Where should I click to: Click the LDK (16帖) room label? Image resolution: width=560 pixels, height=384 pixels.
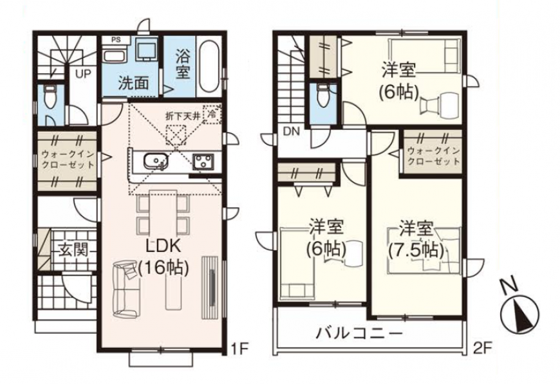coord(163,256)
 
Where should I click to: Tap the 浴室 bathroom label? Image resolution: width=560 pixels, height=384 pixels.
coord(183,66)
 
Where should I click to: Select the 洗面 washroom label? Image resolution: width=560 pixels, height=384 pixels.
coord(134,83)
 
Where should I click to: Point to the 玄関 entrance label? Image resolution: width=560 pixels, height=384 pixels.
coord(73,250)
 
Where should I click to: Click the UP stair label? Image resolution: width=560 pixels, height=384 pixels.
coord(83,74)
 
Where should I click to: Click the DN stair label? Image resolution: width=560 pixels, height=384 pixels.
coord(292,131)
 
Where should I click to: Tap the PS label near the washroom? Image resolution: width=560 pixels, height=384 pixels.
coord(116,40)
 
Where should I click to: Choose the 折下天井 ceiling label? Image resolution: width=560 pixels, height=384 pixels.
coord(182,116)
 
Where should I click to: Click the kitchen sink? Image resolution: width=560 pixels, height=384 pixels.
coord(156,161)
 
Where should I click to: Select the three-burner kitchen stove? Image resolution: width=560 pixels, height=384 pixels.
coord(203,161)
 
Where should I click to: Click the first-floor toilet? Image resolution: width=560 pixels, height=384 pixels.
coord(49,96)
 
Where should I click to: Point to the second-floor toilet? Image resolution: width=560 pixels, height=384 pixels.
coord(322,96)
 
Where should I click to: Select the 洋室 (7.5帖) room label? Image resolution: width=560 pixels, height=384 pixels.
coord(416,240)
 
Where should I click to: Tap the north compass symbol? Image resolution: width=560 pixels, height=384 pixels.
coord(519,311)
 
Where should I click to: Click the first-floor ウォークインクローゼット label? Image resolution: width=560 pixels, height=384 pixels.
coord(68,159)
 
